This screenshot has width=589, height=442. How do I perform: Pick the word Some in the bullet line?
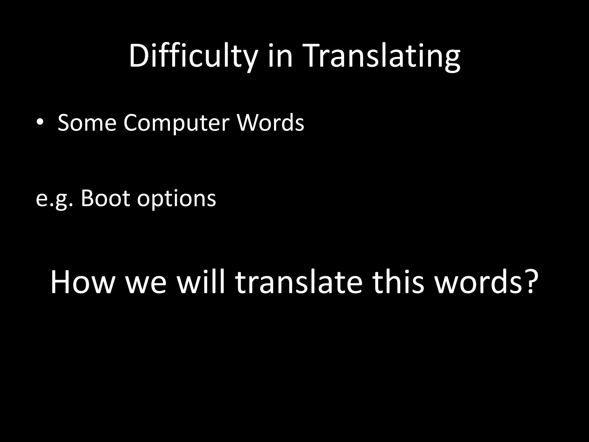87,123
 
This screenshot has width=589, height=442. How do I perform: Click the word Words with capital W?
270,123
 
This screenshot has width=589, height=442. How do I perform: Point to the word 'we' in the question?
146,283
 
